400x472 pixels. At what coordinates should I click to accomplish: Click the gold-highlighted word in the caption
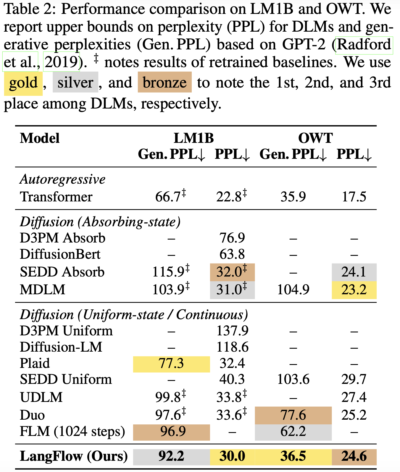[23, 83]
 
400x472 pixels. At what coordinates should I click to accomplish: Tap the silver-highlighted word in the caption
[75, 83]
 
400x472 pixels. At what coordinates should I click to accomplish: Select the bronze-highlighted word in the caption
[164, 83]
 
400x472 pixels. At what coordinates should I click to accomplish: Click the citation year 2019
[61, 62]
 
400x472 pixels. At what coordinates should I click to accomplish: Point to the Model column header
[40, 138]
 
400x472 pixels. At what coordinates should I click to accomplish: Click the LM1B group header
[193, 138]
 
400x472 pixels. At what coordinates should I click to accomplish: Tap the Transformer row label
[56, 197]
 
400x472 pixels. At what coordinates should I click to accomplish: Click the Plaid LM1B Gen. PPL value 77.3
[171, 363]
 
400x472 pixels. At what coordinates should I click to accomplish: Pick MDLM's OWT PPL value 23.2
[354, 290]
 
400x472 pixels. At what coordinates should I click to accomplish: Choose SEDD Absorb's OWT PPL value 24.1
[354, 272]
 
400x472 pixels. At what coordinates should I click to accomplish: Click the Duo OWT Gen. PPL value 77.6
[293, 415]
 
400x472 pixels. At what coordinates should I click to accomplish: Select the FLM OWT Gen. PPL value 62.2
[293, 432]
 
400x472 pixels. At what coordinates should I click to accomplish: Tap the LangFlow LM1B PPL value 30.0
[232, 456]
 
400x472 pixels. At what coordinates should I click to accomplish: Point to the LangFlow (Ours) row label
[74, 456]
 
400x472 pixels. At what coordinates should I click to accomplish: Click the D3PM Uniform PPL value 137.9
[232, 331]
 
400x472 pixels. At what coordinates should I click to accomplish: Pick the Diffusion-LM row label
[61, 347]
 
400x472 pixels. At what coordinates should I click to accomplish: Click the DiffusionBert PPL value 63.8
[232, 254]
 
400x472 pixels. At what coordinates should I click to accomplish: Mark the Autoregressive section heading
[63, 180]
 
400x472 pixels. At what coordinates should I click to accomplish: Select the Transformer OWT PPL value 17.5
[354, 197]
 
